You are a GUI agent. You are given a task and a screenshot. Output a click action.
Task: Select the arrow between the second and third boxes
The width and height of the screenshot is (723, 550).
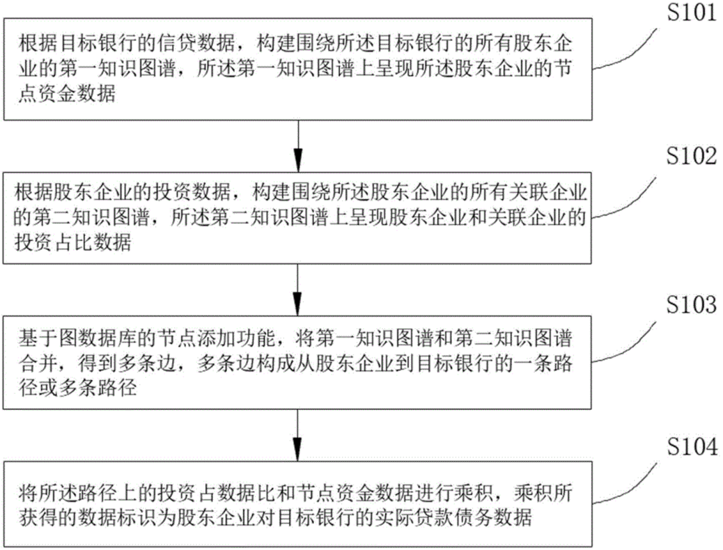coord(298,285)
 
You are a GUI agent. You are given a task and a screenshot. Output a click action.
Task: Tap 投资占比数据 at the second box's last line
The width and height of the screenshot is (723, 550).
coord(72,245)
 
